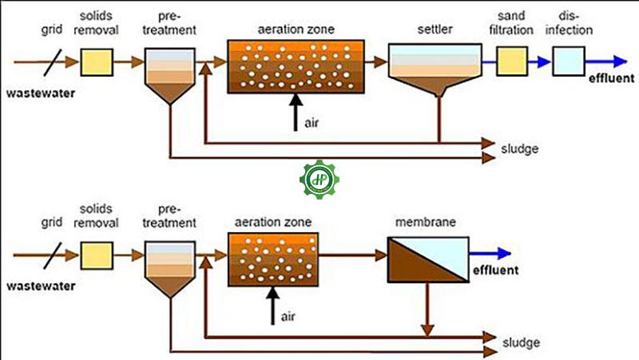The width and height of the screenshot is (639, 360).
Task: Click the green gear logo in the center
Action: click(319, 179)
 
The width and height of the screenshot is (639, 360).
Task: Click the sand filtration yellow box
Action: click(513, 61)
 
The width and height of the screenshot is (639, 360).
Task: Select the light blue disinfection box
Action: click(568, 61)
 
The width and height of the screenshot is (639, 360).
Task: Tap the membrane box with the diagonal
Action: click(427, 258)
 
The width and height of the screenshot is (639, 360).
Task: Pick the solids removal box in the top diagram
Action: click(97, 61)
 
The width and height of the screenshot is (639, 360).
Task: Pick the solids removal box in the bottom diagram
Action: click(97, 255)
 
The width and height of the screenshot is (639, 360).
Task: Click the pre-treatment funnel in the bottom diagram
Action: click(169, 268)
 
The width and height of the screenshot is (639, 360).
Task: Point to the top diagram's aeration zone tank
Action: click(297, 64)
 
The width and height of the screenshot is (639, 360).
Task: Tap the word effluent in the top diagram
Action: click(609, 78)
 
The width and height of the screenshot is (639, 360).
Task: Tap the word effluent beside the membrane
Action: click(495, 271)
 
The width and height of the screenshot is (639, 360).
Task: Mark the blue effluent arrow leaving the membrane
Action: click(489, 254)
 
